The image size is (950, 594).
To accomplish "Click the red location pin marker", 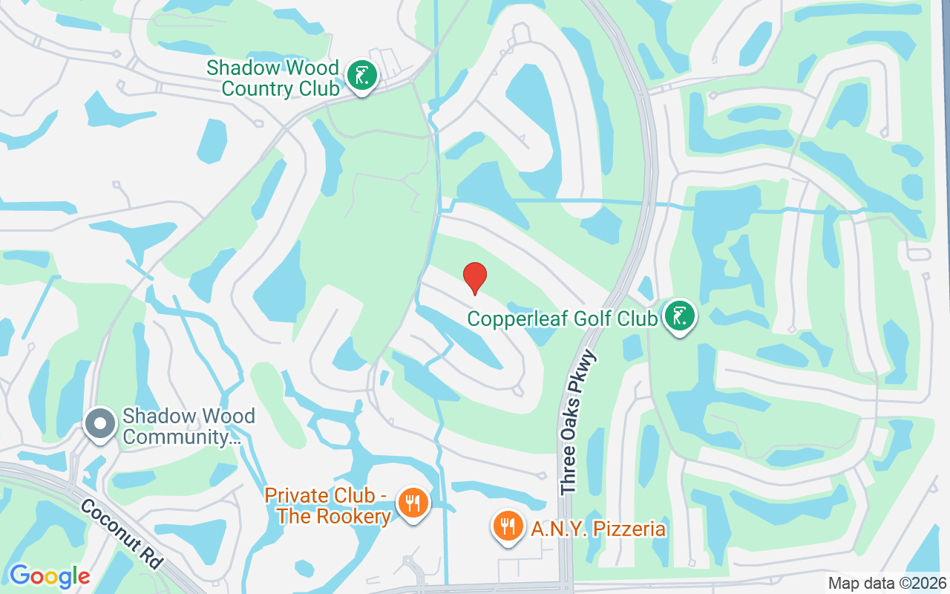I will coord(475,277).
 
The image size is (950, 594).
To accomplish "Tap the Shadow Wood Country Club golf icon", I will coord(362,76).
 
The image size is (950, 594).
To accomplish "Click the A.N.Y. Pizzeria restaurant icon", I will coord(508,526).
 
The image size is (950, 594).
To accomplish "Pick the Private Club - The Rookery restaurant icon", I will coord(410,503).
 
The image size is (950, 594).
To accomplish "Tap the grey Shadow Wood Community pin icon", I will coord(99,424).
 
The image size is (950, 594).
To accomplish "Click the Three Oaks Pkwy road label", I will coord(579,422).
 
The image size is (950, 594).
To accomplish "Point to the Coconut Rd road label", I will coord(121,534).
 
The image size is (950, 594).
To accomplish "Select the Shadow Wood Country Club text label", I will coord(272,78).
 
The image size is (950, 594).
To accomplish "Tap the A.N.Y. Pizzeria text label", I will coord(597,529).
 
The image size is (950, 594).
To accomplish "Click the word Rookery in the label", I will coord(353,516).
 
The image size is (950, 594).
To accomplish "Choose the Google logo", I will coord(49,576).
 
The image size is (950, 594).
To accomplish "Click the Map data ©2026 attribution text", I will coord(887,583).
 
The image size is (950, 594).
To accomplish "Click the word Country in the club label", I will coord(257,88).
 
